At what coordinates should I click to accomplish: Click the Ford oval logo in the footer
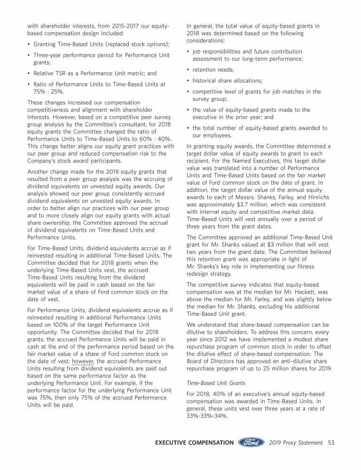click(251, 442)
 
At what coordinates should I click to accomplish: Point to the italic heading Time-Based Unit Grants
click(209, 383)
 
